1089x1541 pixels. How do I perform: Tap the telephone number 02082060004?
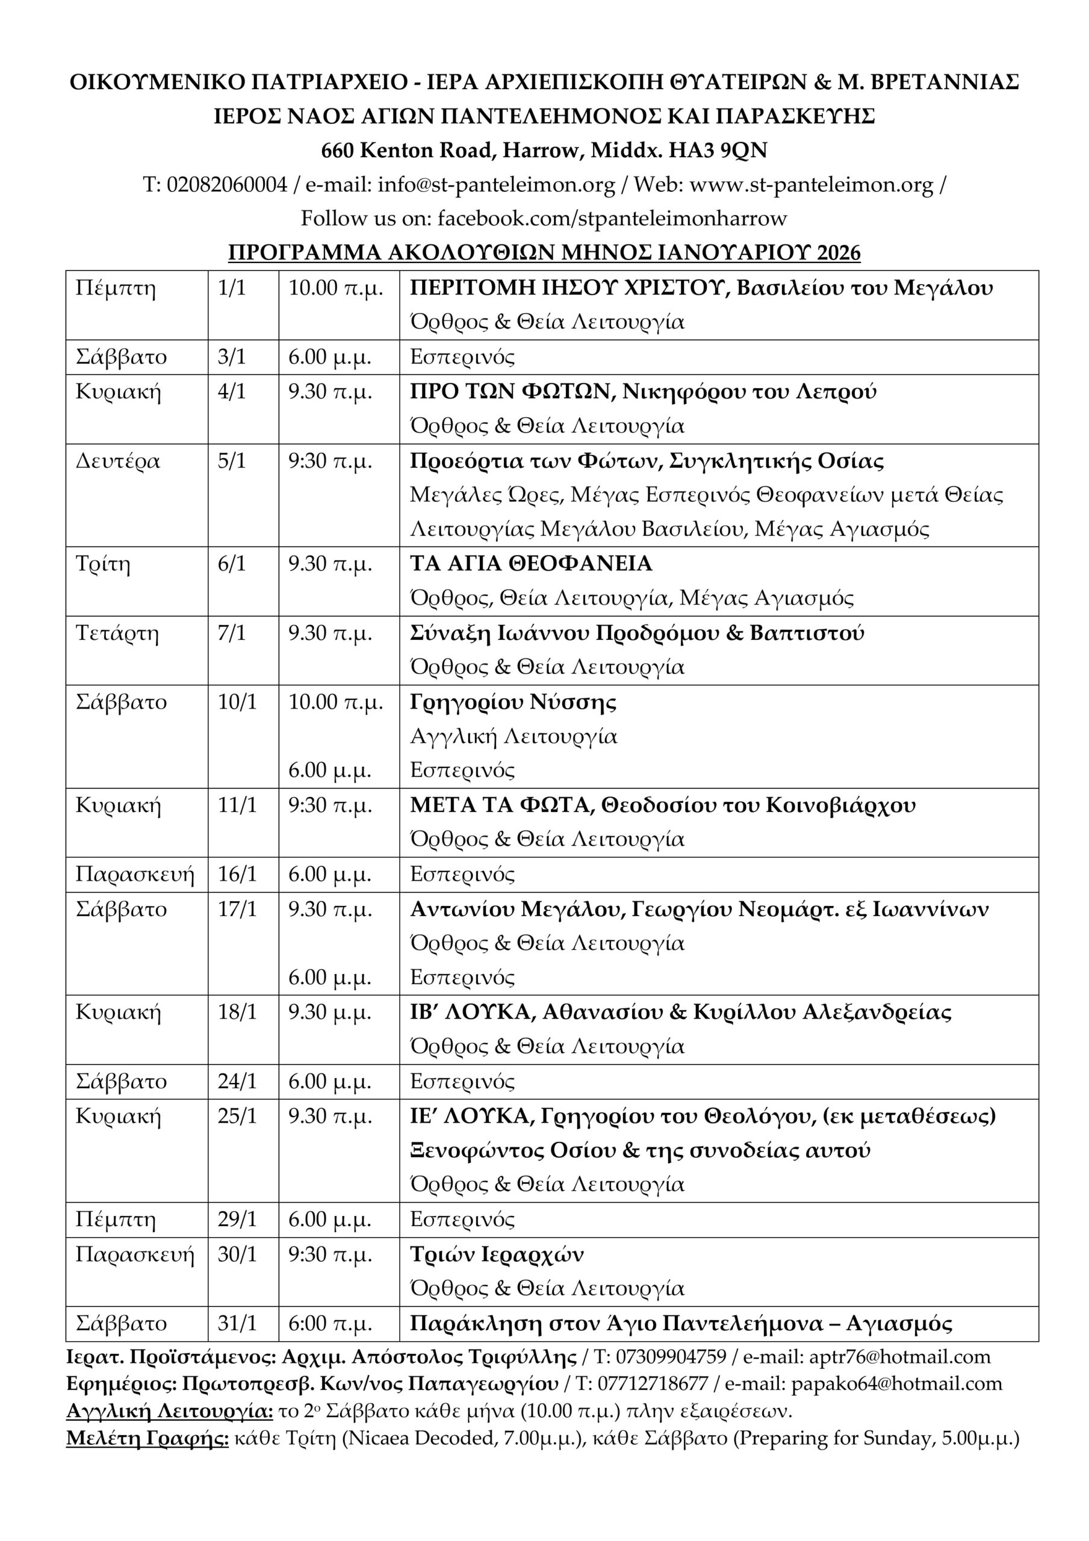[x=226, y=185]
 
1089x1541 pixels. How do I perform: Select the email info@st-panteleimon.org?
[x=496, y=185]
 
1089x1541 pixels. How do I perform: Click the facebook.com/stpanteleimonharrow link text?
[x=612, y=219]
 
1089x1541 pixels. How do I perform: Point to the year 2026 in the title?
[x=838, y=253]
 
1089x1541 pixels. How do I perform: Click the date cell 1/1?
[x=232, y=288]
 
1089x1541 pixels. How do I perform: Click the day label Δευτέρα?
[x=117, y=462]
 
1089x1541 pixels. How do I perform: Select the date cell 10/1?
[x=237, y=702]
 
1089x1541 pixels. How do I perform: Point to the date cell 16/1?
[x=237, y=875]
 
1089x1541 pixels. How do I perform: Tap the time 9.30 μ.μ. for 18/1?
[x=330, y=1012]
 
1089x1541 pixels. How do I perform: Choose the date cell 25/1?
[x=237, y=1116]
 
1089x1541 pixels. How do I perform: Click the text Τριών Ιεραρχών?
[x=497, y=1254]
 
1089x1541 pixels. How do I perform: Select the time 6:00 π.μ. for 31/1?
[x=330, y=1324]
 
